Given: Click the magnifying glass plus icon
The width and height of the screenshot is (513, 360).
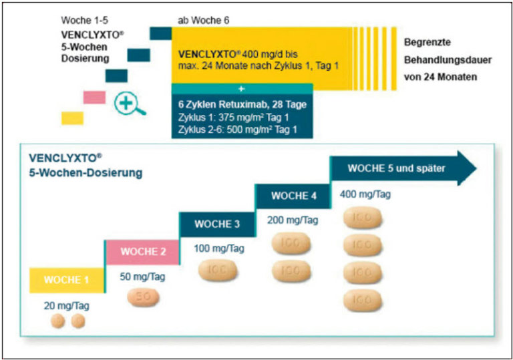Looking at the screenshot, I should (127, 104).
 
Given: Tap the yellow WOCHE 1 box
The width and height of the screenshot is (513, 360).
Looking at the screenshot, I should (66, 280).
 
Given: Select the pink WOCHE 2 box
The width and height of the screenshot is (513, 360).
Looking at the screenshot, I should (142, 252).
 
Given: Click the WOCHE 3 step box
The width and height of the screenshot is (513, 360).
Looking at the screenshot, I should (216, 224).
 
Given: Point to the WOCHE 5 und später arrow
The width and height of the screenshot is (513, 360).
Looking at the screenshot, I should (401, 168).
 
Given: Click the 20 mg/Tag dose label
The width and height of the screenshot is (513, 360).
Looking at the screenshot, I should (67, 306).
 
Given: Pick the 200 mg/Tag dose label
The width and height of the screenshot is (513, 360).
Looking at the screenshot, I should (291, 220).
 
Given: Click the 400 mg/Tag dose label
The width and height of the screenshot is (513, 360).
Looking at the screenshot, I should (366, 194).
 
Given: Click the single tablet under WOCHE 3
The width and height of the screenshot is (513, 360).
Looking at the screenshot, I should (218, 271).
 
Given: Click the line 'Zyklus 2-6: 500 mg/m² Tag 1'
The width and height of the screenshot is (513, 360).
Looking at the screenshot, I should (237, 129).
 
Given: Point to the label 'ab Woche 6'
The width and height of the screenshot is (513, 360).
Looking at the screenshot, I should (204, 19).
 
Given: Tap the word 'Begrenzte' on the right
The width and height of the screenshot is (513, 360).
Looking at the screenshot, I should (427, 41).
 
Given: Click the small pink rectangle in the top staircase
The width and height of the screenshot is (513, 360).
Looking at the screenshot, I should (94, 97).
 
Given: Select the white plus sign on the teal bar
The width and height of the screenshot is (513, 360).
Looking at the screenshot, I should (241, 88).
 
